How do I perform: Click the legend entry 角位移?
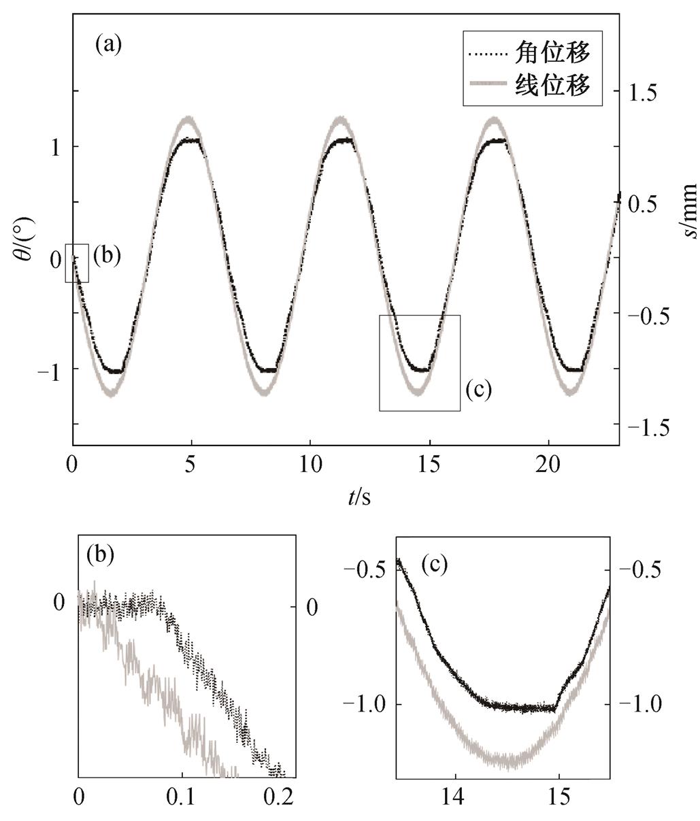pos(552,53)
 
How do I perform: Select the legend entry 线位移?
pos(552,84)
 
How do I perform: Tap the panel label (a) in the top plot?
pos(108,46)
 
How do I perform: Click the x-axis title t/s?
pos(359,497)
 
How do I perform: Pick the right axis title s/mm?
pos(690,210)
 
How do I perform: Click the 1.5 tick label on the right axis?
pos(643,92)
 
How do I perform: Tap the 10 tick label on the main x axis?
pos(310,464)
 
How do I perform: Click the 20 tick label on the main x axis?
pos(548,464)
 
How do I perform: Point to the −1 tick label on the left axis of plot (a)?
pos(49,373)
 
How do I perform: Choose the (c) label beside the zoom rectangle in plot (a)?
pos(479,390)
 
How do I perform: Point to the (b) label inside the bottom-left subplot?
pos(100,554)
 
